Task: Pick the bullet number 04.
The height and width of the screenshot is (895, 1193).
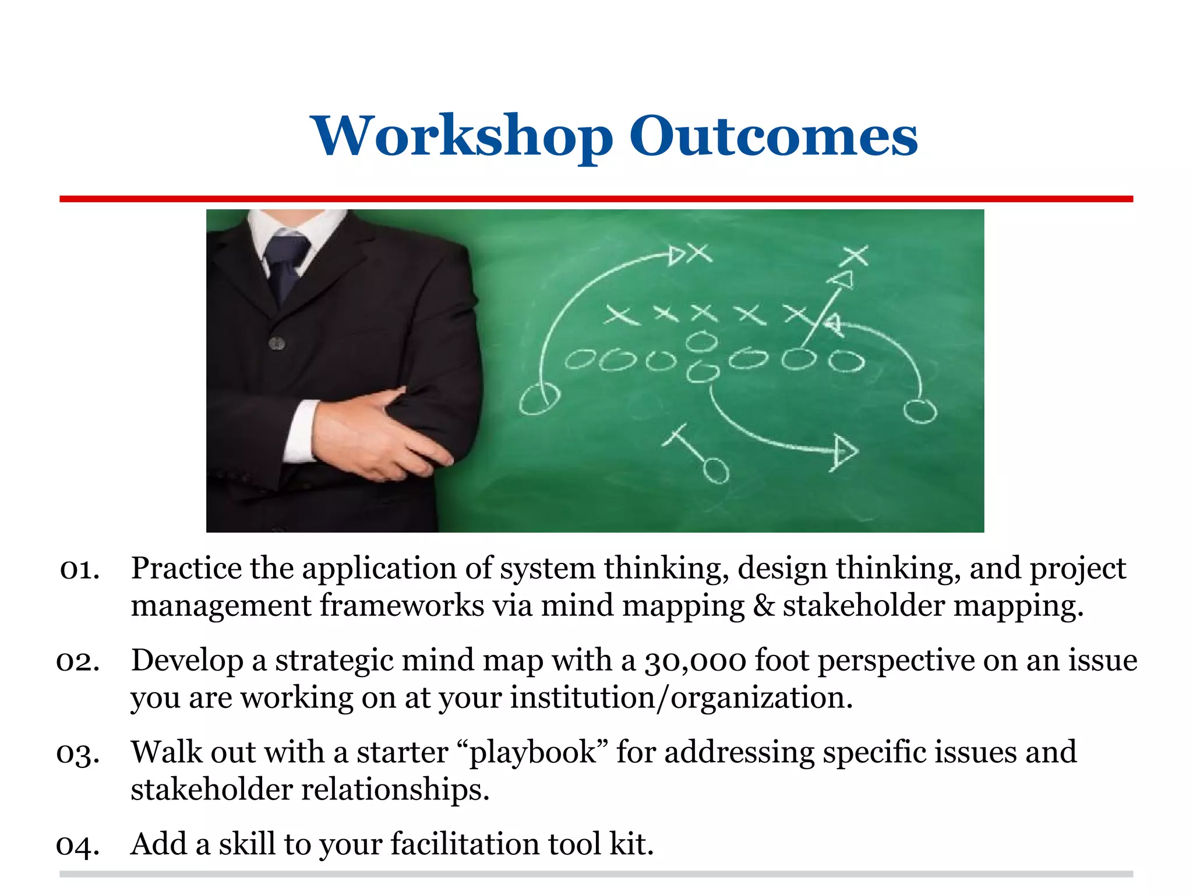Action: click(x=78, y=845)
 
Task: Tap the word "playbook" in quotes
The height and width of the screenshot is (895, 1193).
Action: click(x=534, y=753)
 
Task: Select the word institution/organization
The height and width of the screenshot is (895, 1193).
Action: click(x=681, y=698)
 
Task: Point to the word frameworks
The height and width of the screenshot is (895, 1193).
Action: click(x=402, y=606)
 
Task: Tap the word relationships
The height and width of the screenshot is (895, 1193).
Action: click(x=395, y=790)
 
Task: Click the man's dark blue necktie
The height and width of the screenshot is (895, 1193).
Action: click(x=285, y=265)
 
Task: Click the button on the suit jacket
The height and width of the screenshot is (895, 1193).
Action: click(x=277, y=344)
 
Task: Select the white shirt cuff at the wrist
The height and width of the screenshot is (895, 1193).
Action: click(x=301, y=431)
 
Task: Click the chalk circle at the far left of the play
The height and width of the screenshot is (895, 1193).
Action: click(x=539, y=400)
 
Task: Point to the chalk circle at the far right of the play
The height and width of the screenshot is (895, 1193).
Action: click(x=920, y=411)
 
